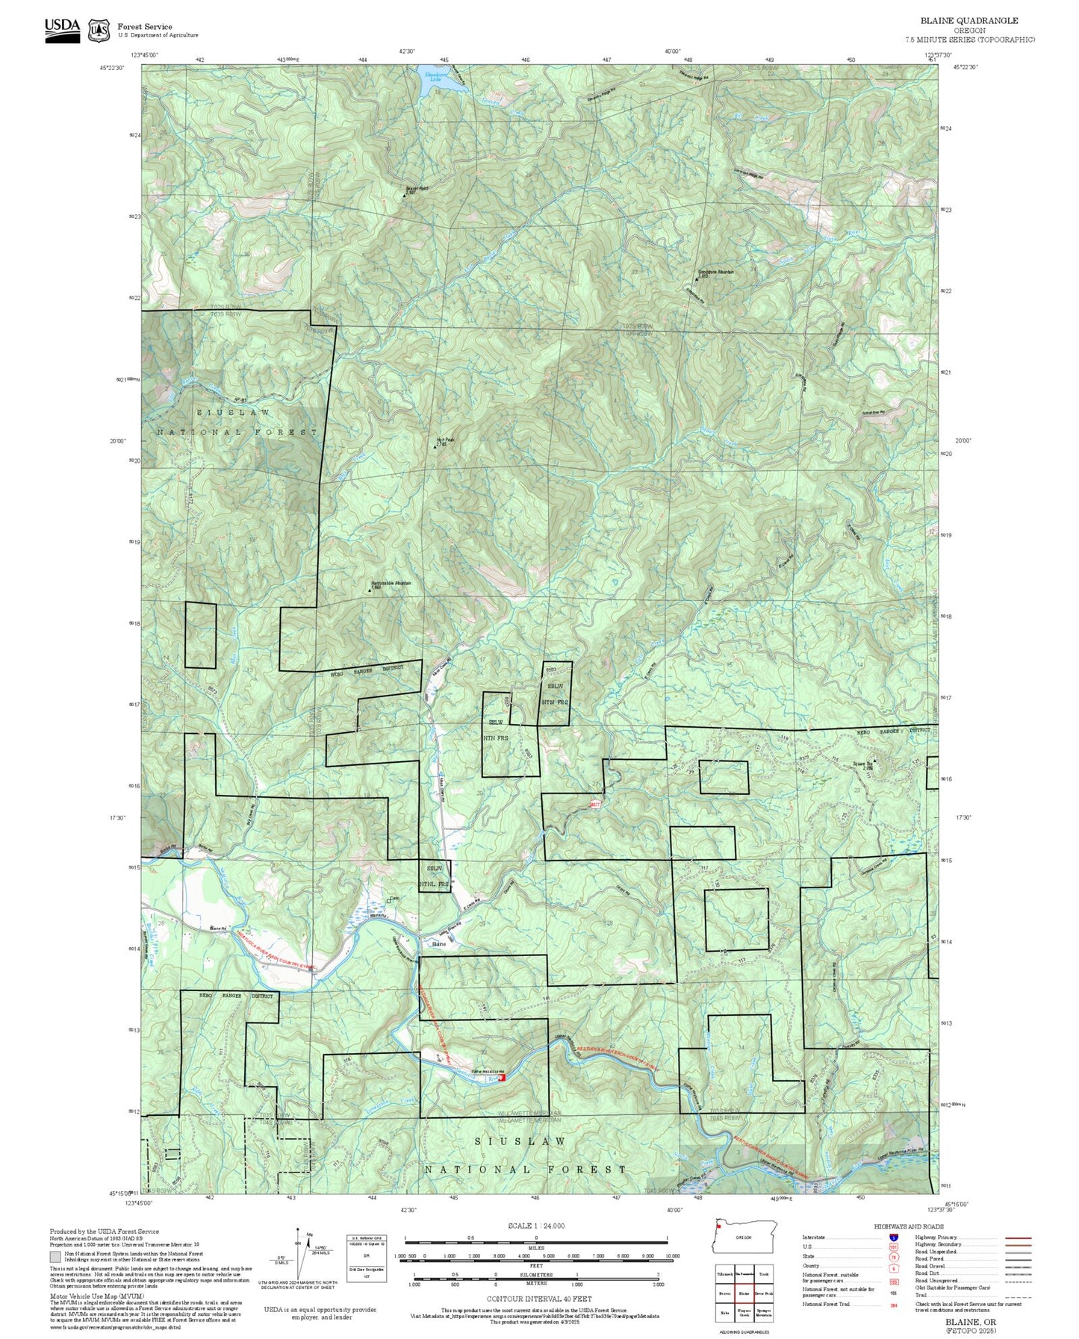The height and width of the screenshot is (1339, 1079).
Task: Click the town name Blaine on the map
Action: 439,944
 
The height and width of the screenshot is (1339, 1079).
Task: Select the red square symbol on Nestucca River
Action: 502,1077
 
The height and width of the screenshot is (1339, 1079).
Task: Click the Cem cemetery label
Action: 394,898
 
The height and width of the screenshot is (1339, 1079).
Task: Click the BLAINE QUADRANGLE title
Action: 968,20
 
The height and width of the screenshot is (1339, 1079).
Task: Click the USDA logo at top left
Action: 62,30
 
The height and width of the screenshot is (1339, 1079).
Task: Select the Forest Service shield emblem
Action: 99,31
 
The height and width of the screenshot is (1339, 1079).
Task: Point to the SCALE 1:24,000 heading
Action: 535,1226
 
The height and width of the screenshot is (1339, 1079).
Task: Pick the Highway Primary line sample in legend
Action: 1019,1237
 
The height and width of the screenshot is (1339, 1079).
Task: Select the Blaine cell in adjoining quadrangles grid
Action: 744,1293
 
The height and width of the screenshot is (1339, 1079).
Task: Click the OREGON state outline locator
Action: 744,1237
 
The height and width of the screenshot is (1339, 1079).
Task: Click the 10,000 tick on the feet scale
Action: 672,1256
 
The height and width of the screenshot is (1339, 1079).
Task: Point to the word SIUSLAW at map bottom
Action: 520,1142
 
